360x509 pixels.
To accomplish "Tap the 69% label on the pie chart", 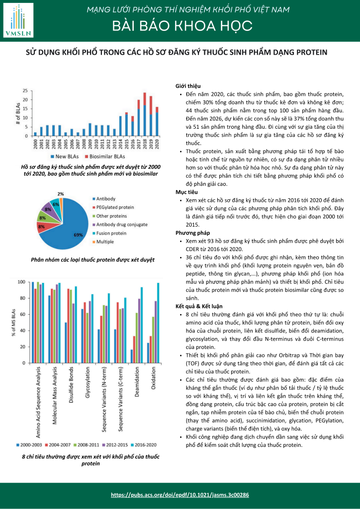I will (78, 235).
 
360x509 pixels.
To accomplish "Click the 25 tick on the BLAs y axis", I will (24, 91).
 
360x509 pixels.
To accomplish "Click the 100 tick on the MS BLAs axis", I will (21, 282).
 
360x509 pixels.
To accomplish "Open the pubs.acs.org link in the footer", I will (180, 495).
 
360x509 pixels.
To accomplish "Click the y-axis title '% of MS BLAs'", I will (13, 323).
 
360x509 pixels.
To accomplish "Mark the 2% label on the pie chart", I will (61, 194).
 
